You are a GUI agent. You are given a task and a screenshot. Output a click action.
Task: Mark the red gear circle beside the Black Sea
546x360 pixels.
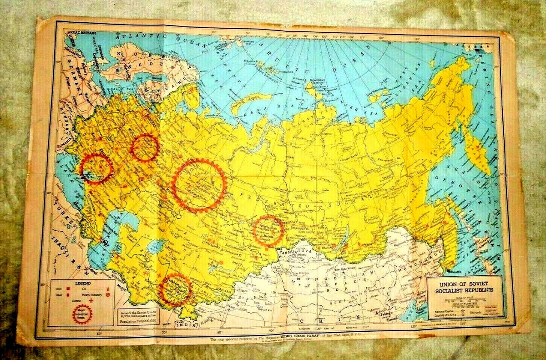[96, 168]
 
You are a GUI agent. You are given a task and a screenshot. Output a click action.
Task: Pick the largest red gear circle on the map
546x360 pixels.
[199, 185]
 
